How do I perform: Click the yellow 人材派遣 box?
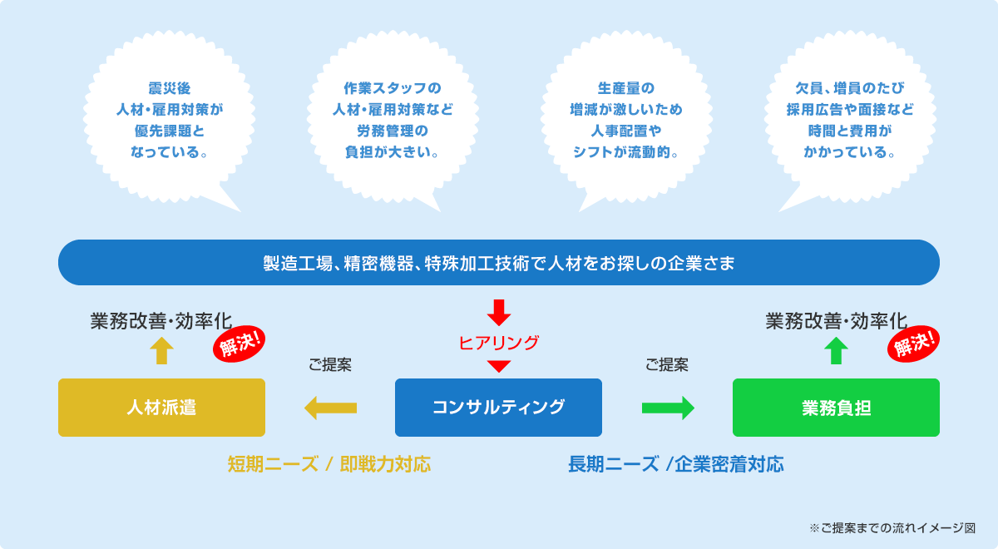(x=161, y=408)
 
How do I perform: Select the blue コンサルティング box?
(x=498, y=408)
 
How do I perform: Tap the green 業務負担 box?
(x=836, y=408)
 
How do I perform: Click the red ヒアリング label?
(x=498, y=343)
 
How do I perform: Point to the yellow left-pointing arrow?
(x=330, y=408)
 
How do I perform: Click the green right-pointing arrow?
(x=668, y=408)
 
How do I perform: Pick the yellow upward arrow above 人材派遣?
(x=161, y=351)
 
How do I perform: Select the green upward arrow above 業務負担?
(x=836, y=351)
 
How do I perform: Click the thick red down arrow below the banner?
(x=498, y=313)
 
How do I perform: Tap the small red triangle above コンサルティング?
(x=498, y=365)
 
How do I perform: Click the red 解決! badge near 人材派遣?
(x=240, y=344)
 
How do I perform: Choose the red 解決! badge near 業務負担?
(x=913, y=344)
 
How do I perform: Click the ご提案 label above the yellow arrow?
(x=330, y=365)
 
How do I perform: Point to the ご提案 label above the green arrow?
(x=667, y=365)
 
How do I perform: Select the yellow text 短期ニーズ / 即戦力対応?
(x=329, y=464)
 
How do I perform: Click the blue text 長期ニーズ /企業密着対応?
(x=676, y=464)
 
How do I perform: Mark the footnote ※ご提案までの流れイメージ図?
(x=892, y=528)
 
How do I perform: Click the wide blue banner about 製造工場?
(x=499, y=263)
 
